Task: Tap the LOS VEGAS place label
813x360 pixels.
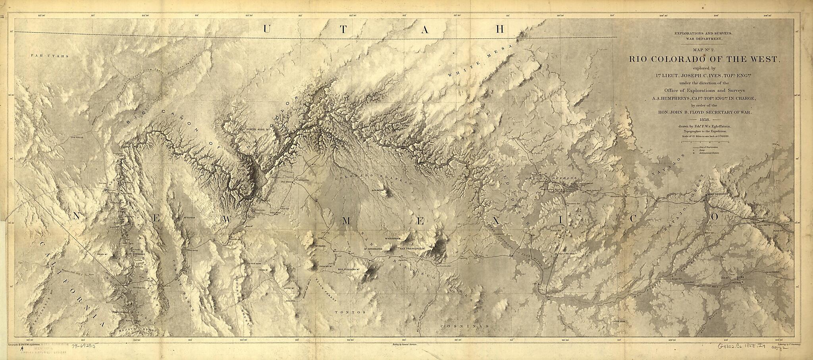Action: [x=78, y=137]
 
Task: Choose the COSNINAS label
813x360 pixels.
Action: [x=458, y=325]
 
